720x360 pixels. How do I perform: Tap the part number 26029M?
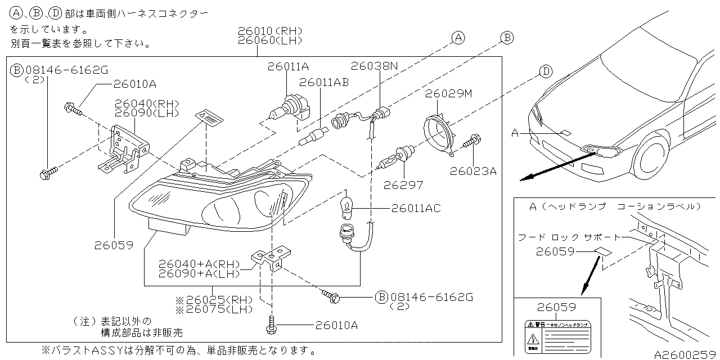pos(448,93)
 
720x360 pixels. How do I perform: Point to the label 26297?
pos(403,184)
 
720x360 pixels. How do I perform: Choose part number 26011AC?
pos(417,209)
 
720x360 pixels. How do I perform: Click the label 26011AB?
pos(324,82)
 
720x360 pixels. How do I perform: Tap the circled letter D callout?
pos(544,71)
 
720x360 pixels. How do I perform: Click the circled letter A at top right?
pos(458,38)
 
